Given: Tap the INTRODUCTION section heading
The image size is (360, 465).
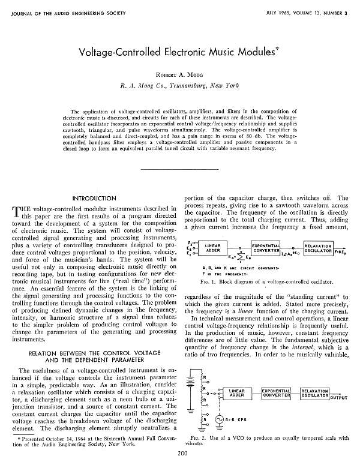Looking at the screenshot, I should pyautogui.click(x=94, y=199).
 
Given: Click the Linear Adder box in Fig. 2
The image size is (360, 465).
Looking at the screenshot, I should pyautogui.click(x=241, y=394).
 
